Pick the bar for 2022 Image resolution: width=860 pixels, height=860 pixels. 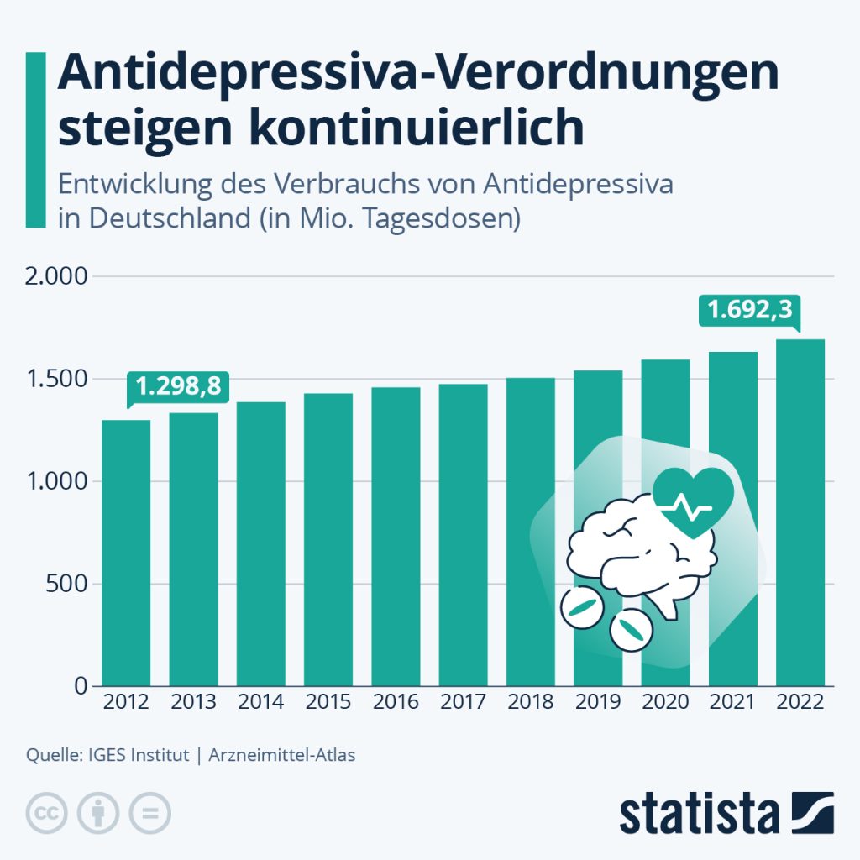coord(800,512)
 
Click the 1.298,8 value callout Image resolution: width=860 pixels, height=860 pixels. coord(179,386)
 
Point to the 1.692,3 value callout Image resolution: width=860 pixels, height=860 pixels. coord(750,311)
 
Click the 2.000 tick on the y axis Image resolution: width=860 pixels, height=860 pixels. coord(58,276)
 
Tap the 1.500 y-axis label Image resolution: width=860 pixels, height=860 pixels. coord(58,379)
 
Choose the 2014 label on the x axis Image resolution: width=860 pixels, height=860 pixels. coord(260,702)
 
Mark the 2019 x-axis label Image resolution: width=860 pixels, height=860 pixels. coord(597,702)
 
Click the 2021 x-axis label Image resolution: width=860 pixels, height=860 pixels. coord(732,702)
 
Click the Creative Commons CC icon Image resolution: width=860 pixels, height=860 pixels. coord(49,813)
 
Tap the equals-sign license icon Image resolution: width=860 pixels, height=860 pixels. coord(149,813)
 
